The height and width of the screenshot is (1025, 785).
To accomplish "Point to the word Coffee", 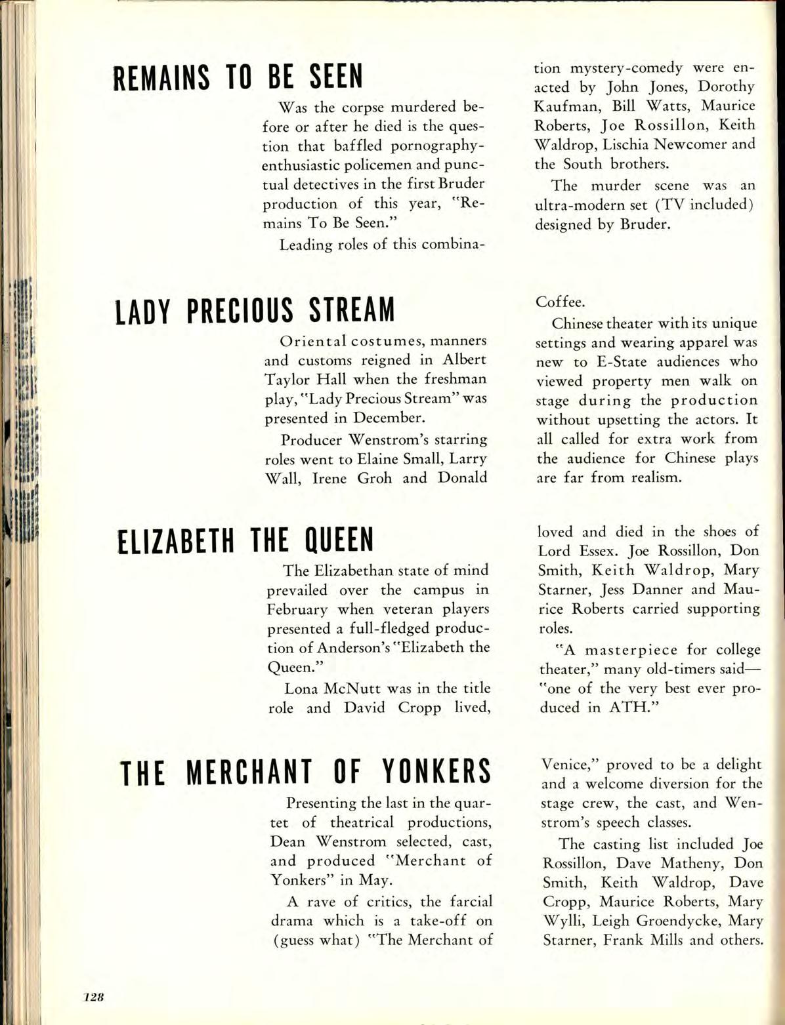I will tap(561, 302).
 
